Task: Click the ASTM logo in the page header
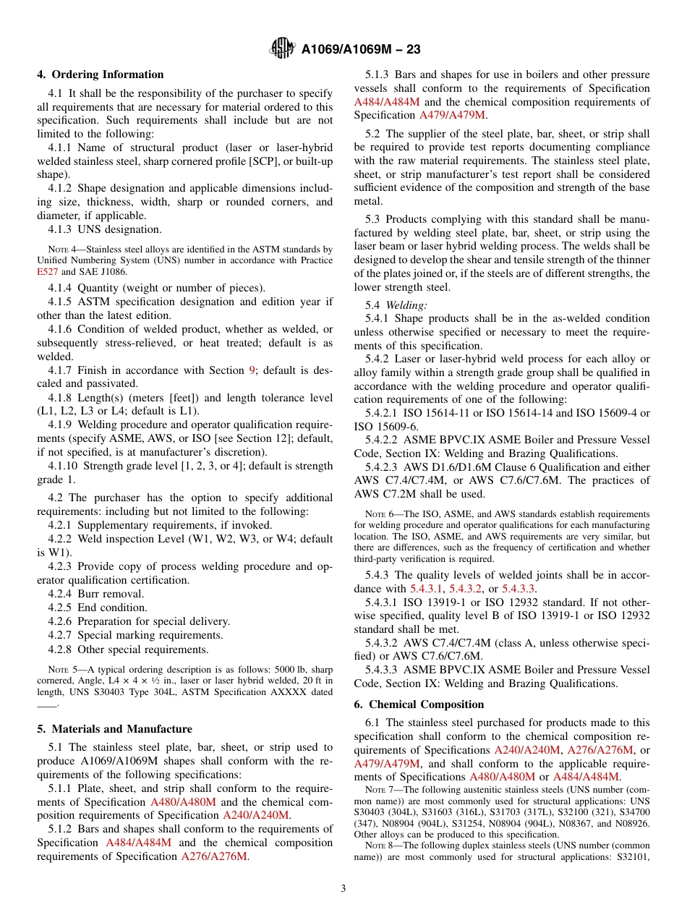point(281,48)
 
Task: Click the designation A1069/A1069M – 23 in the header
point(361,49)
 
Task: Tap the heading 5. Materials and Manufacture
point(114,729)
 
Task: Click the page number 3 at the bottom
point(343,888)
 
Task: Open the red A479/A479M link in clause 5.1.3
point(452,115)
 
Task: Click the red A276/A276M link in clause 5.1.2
point(214,856)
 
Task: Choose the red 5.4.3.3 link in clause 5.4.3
point(519,589)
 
